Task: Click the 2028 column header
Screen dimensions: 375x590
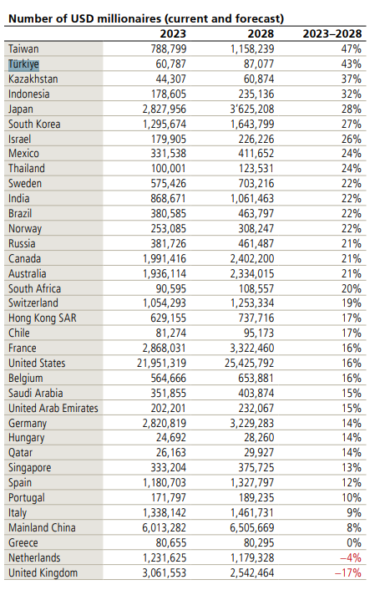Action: [261, 34]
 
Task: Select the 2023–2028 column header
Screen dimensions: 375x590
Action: [332, 34]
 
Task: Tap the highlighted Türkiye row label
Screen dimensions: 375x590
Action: [23, 64]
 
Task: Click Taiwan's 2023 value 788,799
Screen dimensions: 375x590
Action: [169, 49]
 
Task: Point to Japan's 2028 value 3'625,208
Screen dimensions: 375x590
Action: [252, 109]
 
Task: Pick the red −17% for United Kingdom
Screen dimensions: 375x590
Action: [348, 572]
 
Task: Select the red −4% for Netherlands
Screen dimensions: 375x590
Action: [351, 557]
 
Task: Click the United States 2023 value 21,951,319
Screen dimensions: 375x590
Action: [162, 363]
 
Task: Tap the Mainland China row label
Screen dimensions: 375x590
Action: [42, 527]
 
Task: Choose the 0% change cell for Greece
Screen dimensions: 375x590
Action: [354, 542]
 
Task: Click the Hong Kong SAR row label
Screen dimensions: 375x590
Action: [43, 318]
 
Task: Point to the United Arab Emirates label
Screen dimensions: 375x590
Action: [53, 409]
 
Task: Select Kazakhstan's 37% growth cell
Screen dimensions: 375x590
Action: [352, 79]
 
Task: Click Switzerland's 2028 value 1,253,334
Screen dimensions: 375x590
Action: [252, 303]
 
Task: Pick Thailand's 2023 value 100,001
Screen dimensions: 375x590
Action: [169, 168]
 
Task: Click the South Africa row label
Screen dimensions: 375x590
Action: [34, 288]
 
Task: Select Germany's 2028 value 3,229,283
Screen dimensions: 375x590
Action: [252, 423]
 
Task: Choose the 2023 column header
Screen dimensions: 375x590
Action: [173, 34]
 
